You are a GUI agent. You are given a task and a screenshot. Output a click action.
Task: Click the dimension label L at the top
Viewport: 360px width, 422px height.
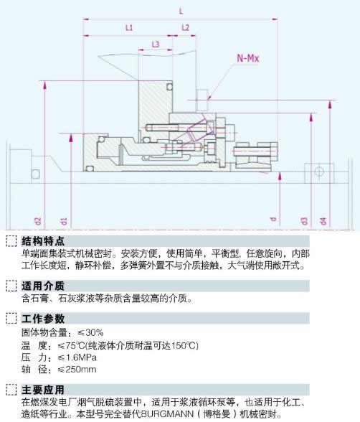coord(181,11)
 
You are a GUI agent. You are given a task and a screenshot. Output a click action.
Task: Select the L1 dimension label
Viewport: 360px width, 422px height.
coord(129,27)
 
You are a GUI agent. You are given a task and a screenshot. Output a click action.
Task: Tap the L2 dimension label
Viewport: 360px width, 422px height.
coord(186,27)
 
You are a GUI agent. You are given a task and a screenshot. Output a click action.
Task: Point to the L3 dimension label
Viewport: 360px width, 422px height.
coord(156,44)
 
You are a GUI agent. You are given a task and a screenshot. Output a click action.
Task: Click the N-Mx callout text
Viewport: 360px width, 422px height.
coord(248,58)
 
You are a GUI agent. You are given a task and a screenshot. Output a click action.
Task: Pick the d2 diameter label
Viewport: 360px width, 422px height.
coord(39,221)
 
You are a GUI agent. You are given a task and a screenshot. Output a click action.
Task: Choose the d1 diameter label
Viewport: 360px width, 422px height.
coord(64,221)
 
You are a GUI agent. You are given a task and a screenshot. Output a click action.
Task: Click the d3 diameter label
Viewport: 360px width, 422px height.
coord(304,221)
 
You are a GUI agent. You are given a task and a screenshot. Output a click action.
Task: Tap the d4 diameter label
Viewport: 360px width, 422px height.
coord(323,221)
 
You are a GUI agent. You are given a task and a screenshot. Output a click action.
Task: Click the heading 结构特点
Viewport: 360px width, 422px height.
coord(43,241)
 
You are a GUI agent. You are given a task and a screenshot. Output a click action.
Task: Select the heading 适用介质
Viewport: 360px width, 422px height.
coord(43,286)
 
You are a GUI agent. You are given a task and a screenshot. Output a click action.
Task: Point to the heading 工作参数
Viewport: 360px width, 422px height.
coord(43,319)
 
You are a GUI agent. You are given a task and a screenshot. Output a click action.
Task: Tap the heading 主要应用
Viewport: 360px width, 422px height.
coord(43,390)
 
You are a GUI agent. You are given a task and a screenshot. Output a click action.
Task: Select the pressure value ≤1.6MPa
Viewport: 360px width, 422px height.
coord(77,357)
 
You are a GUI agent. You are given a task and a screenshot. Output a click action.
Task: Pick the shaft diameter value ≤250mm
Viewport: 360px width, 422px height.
coord(77,369)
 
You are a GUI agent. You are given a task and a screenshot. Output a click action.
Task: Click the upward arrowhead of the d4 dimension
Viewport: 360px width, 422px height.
coord(330,104)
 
